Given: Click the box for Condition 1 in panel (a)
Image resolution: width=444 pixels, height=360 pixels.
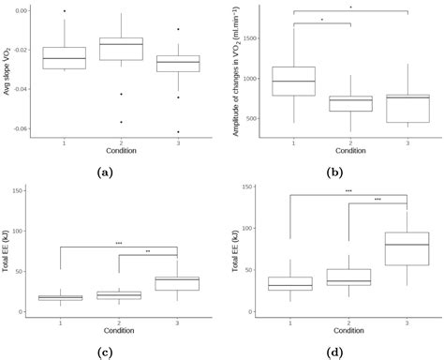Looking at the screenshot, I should coord(65,57).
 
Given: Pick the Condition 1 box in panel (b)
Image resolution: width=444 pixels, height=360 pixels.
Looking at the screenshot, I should coord(293,81).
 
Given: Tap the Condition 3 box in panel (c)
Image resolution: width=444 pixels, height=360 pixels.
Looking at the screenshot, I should coord(177,283).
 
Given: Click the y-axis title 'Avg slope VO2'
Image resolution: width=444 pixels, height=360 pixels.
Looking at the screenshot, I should coord(8,69).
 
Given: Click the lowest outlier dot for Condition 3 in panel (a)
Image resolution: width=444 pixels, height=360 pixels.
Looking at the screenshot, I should coord(177,132).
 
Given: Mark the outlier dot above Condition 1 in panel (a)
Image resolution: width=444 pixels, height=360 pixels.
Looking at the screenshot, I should coord(65,10).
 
